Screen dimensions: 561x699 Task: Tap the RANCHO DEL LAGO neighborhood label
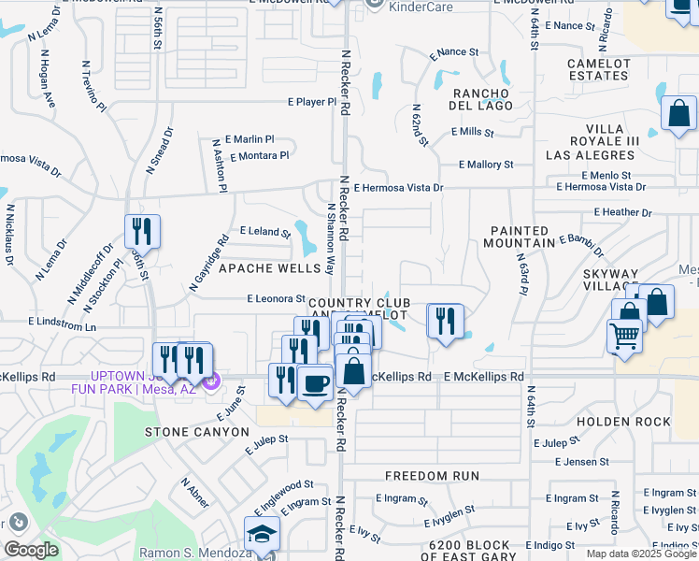click(x=482, y=99)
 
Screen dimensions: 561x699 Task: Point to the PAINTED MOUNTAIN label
click(x=519, y=237)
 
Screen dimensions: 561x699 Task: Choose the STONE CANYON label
click(x=196, y=432)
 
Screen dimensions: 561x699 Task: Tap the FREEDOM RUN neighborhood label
click(x=432, y=476)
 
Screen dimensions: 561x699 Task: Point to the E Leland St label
click(x=264, y=230)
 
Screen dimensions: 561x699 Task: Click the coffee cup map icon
click(x=315, y=382)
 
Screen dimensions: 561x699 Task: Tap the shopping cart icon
click(x=624, y=335)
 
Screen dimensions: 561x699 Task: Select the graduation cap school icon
click(x=261, y=535)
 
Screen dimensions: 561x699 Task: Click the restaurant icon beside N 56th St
click(x=142, y=230)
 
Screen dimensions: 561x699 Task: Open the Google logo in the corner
click(x=31, y=550)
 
